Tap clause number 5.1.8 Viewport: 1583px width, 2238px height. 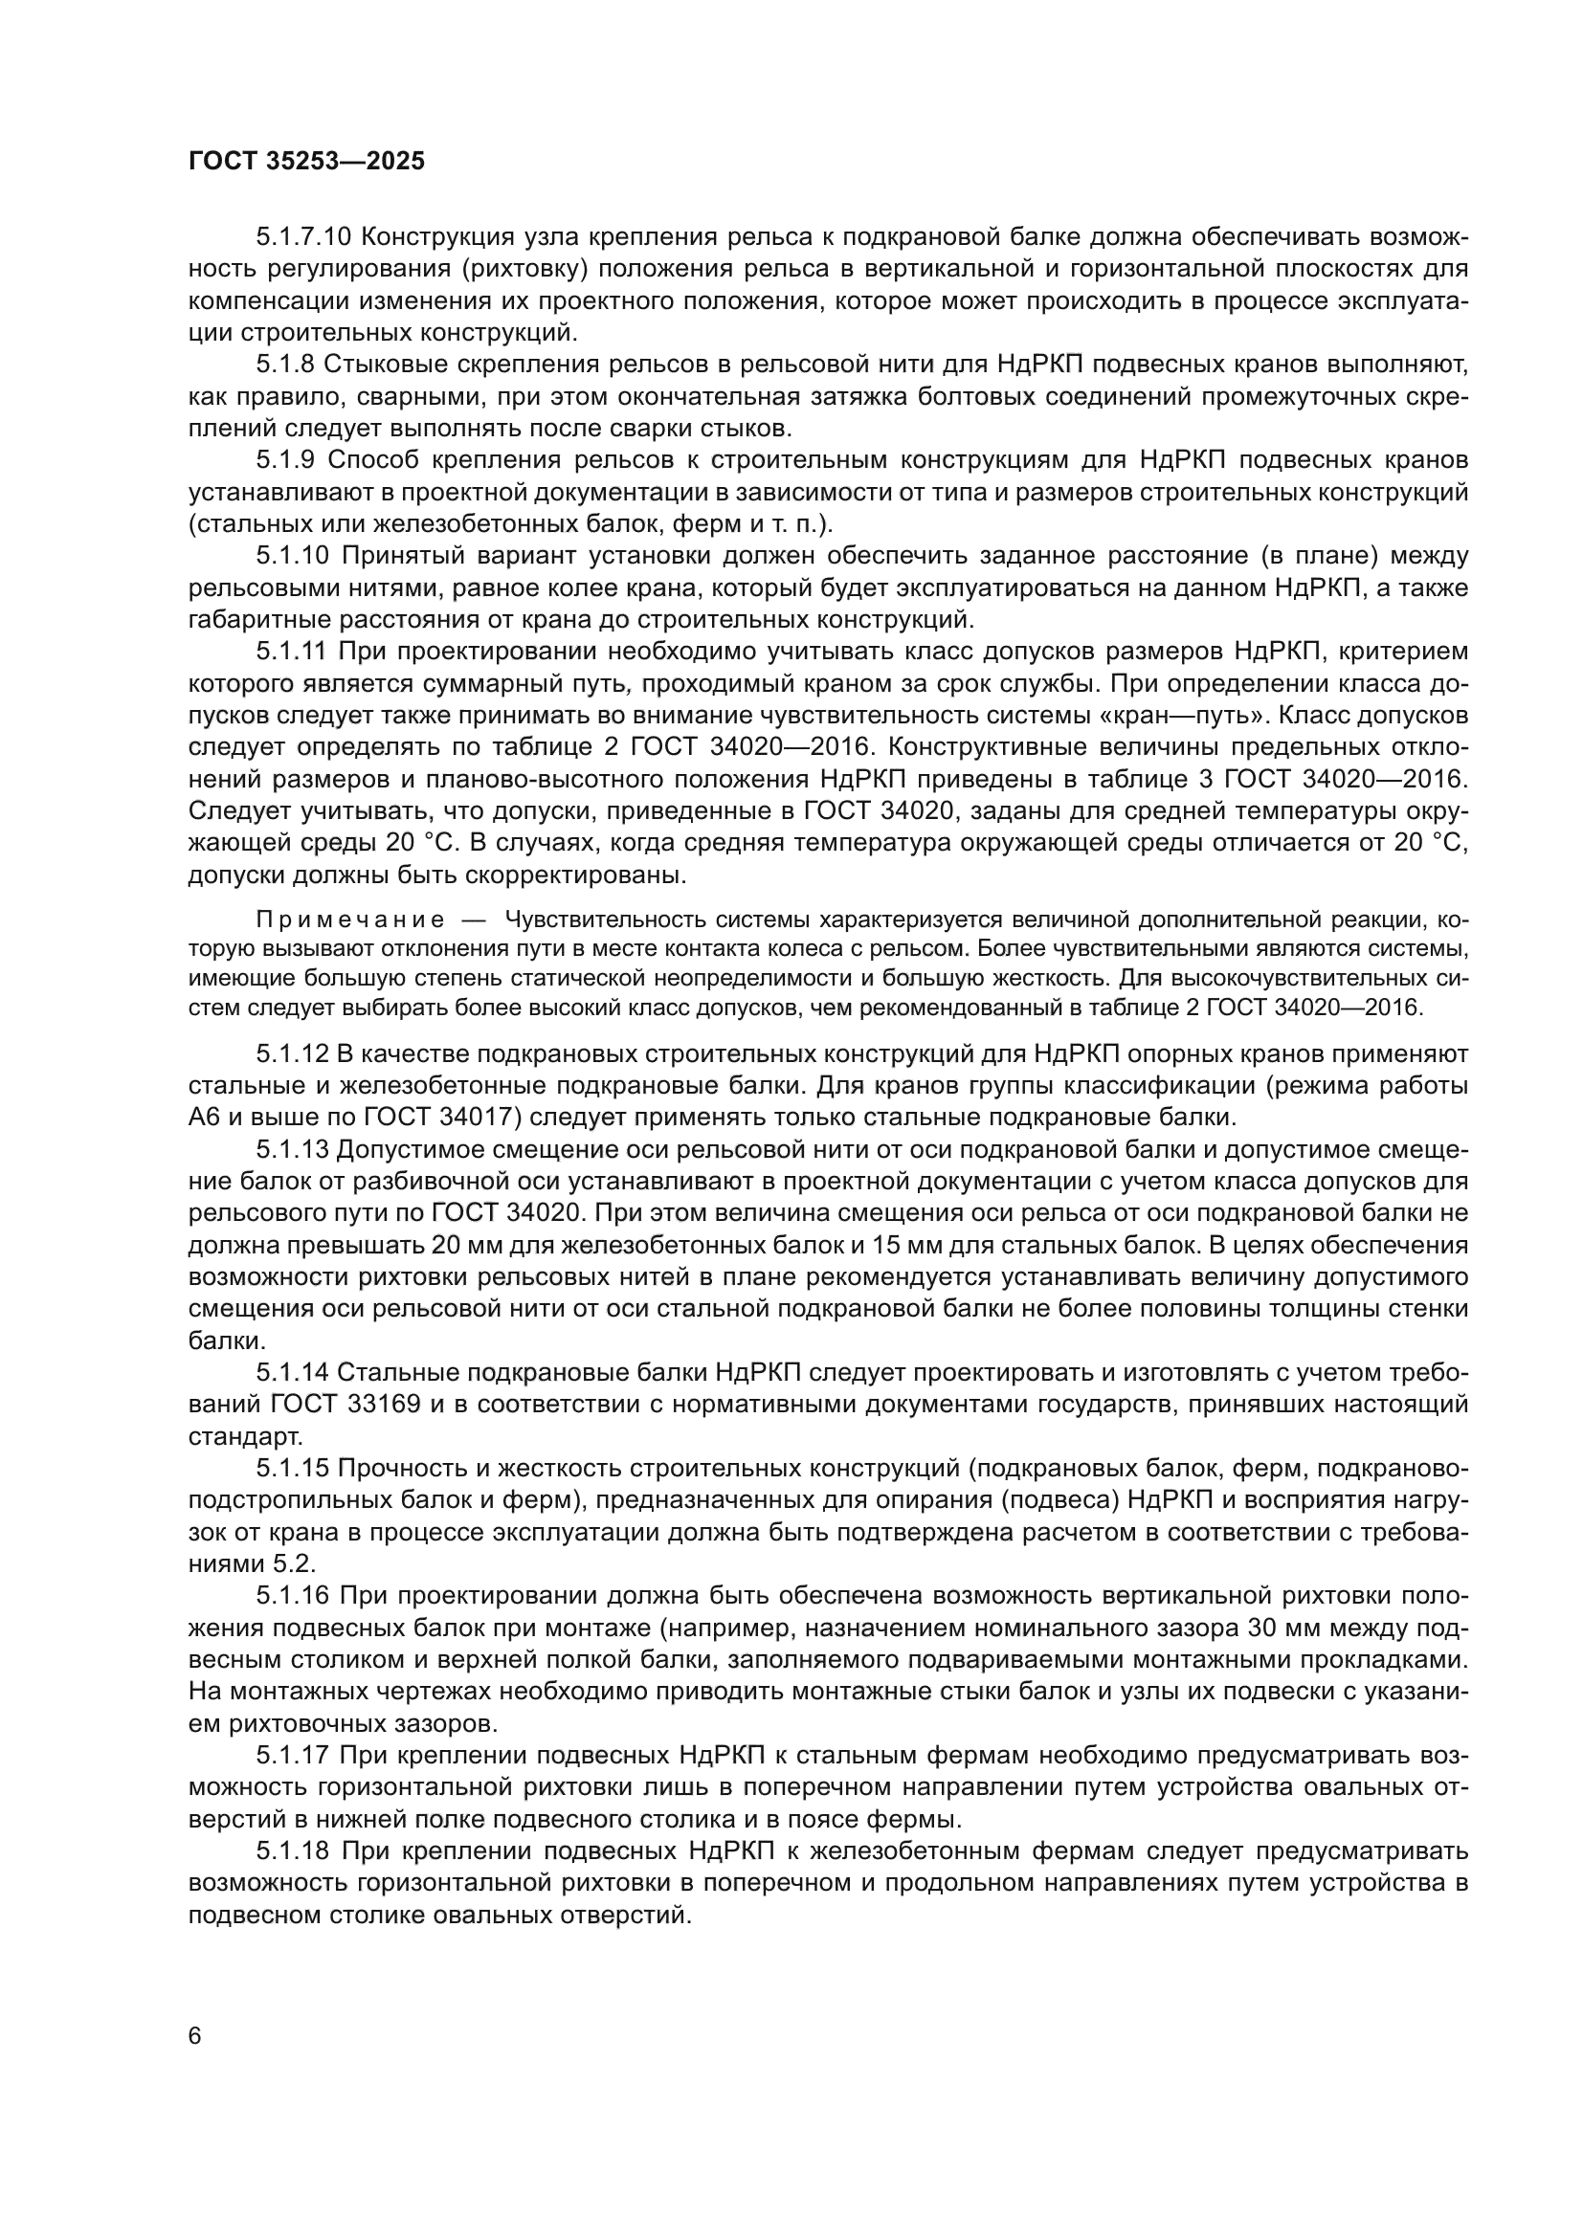pyautogui.click(x=285, y=365)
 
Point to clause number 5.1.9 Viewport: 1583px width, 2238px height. pyautogui.click(x=285, y=460)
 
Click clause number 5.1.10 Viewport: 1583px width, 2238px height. pyautogui.click(x=294, y=556)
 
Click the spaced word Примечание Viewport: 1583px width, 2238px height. pyautogui.click(x=350, y=920)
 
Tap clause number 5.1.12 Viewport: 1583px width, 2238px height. pyautogui.click(x=293, y=1053)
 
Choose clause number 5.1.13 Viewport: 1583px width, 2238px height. pyautogui.click(x=293, y=1149)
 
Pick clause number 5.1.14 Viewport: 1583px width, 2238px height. pyautogui.click(x=293, y=1372)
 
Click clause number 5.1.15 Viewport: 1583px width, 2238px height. pyautogui.click(x=293, y=1468)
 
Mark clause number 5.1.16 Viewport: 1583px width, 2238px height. pyautogui.click(x=293, y=1596)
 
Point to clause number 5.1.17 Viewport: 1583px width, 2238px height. pyautogui.click(x=293, y=1756)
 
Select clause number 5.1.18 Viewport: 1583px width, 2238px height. pyautogui.click(x=293, y=1851)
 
